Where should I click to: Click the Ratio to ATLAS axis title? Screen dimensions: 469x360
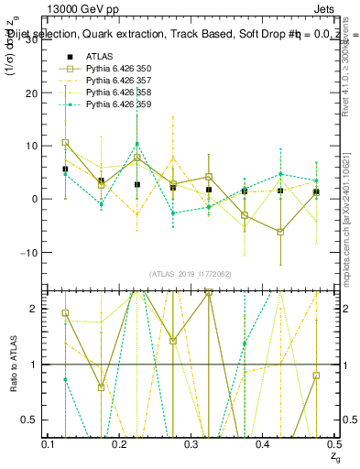[12, 364]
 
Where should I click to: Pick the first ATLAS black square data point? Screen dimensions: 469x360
[65, 169]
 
